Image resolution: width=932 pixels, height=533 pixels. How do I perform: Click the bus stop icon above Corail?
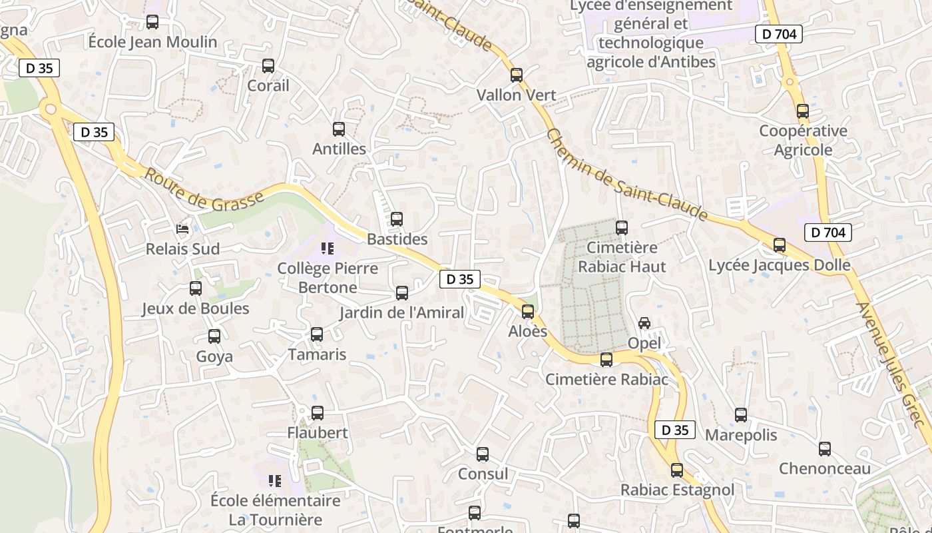coord(268,66)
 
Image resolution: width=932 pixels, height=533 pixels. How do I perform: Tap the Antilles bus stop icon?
coord(339,129)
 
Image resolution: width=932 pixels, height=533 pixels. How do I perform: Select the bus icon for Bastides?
coord(397,219)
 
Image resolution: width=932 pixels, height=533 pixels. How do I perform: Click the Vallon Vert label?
coord(516,95)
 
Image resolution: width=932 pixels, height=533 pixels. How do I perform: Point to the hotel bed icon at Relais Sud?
coord(182,229)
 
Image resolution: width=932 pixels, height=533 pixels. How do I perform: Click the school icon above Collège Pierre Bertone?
coord(327,249)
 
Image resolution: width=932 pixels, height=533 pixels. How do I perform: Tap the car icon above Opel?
coord(644,323)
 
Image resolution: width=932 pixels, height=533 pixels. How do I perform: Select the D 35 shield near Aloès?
coord(459,279)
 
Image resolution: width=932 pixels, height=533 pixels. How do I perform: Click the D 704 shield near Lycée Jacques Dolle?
coord(828,233)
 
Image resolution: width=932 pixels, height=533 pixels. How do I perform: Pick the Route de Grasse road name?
coord(204,191)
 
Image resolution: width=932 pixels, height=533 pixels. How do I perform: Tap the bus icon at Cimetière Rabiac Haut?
coord(622,228)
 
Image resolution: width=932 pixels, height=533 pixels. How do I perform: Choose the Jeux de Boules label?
coord(196,308)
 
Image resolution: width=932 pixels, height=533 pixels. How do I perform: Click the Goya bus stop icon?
coord(214,336)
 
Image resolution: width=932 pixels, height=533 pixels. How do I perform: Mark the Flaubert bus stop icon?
coord(318,413)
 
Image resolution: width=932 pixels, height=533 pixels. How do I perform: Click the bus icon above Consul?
coord(483,454)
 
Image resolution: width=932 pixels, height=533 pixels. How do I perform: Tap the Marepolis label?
coord(741,435)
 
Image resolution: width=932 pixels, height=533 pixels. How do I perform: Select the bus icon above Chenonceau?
coord(825,449)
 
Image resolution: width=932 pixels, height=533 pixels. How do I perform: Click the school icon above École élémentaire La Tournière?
coord(274,480)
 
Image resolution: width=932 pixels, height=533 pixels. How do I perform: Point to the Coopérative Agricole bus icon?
coord(803,111)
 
